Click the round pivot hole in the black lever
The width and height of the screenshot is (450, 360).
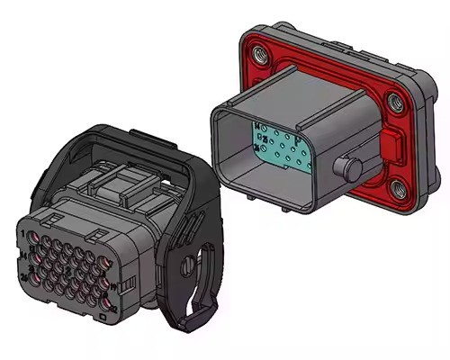point(190,267)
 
